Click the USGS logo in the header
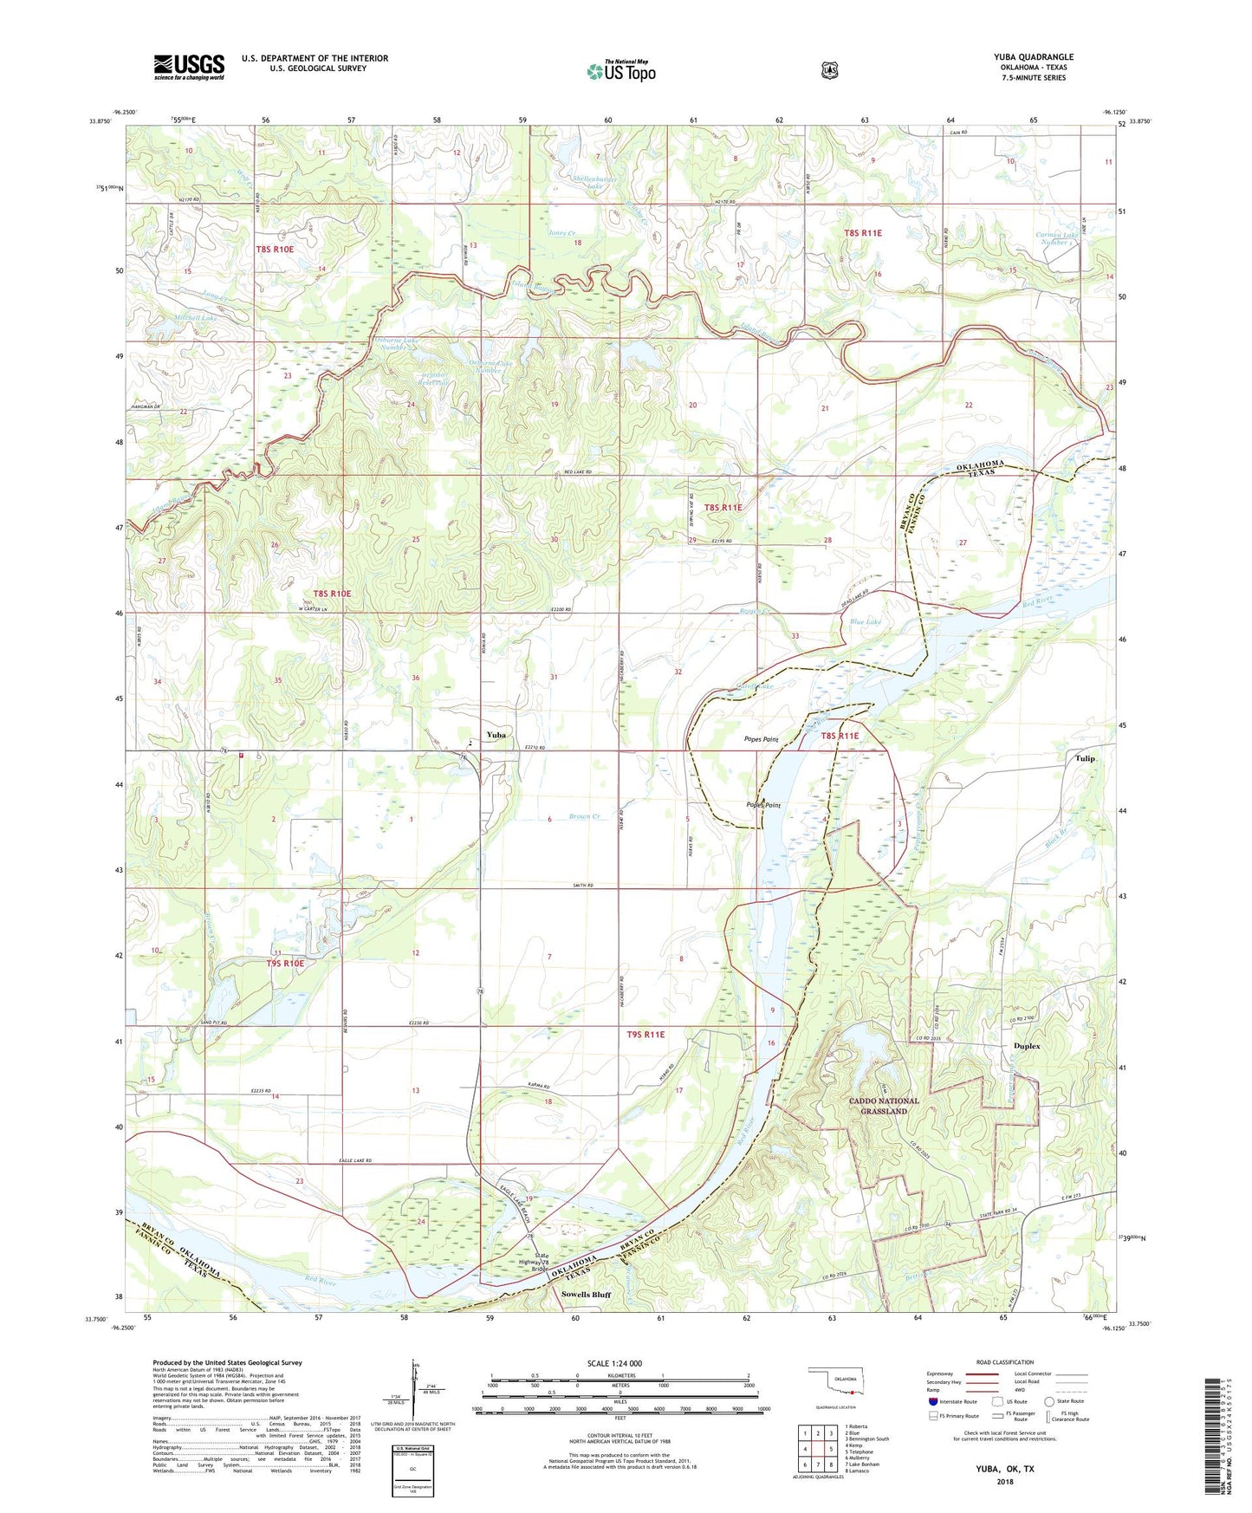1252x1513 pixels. click(189, 67)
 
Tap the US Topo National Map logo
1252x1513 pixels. click(621, 70)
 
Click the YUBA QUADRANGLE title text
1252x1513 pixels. click(1033, 57)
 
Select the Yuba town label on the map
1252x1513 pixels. click(496, 735)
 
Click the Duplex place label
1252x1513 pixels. click(1026, 1046)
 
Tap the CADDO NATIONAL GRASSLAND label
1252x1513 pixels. click(884, 1106)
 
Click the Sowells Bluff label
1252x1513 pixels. click(586, 1295)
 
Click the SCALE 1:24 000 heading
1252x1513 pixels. click(614, 1363)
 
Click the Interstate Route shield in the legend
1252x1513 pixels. click(932, 1401)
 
